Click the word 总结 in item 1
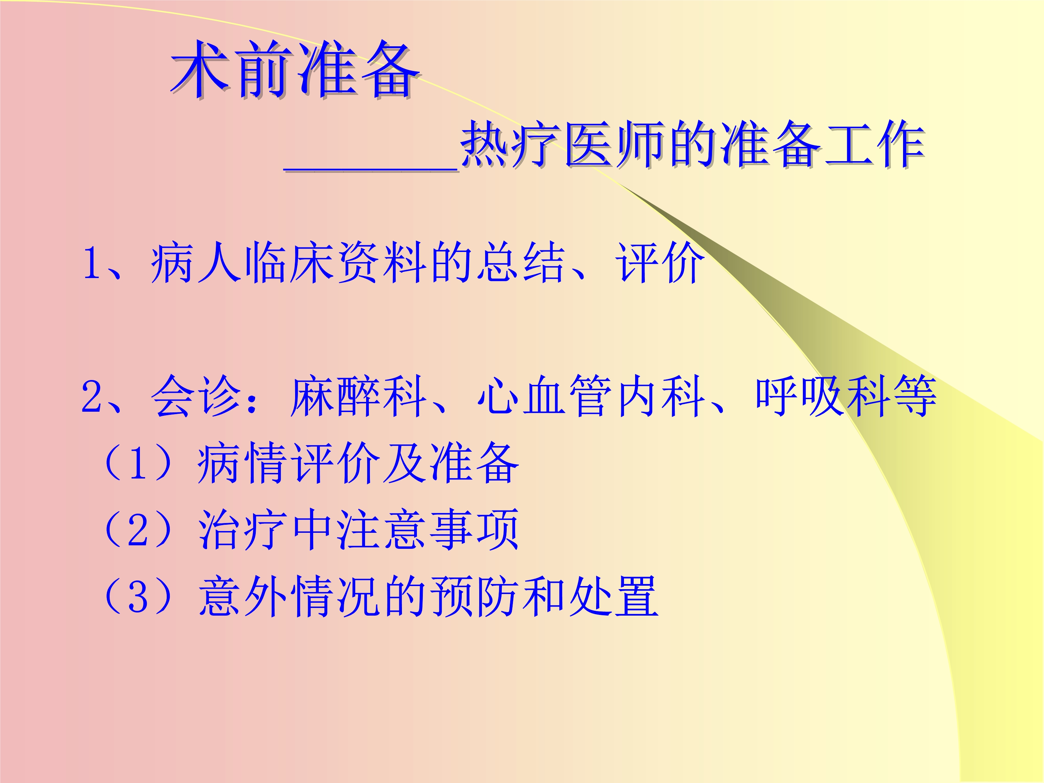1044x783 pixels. point(521,262)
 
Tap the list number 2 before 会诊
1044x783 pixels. point(92,396)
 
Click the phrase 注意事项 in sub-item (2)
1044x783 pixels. point(428,530)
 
